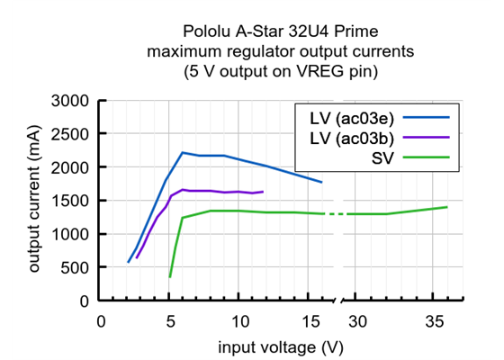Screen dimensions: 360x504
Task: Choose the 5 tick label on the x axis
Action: [x=169, y=321]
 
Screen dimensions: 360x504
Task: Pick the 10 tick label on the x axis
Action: [x=238, y=321]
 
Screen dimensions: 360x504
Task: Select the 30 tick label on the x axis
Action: [x=359, y=321]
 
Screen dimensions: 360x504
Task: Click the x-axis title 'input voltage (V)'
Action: [x=280, y=346]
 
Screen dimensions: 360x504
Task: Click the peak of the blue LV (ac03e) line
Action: [x=183, y=152]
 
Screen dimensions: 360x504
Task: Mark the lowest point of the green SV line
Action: [x=170, y=277]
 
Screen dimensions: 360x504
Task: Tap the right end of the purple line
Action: [x=263, y=191]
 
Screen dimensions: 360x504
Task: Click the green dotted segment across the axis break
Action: [x=335, y=214]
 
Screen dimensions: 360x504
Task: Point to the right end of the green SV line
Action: [x=447, y=207]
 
